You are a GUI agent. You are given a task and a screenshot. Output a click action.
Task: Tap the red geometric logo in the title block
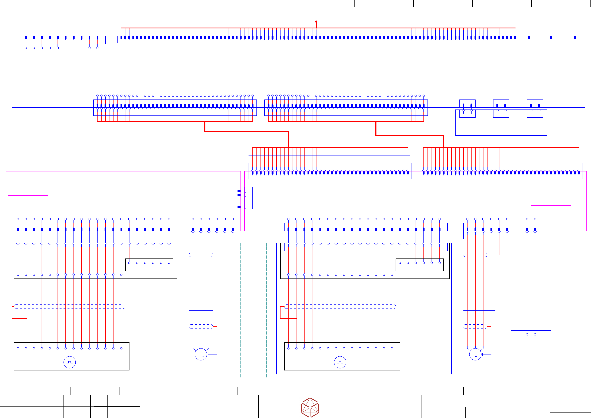point(310,407)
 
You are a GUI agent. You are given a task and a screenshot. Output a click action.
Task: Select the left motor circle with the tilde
point(201,354)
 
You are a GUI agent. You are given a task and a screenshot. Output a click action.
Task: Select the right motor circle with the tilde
point(475,354)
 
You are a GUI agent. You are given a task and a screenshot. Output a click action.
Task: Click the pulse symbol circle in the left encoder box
point(69,362)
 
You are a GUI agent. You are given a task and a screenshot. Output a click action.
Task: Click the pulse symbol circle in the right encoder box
point(340,362)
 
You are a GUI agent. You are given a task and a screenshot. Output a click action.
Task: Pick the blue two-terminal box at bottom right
point(531,346)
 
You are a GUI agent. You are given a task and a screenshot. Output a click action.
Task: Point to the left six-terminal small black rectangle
point(149,265)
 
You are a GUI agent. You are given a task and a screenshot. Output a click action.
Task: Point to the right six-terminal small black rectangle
point(420,265)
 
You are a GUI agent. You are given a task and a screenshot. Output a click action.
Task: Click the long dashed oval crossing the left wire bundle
point(69,307)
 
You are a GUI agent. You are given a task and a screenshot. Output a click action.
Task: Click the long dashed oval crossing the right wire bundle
point(340,307)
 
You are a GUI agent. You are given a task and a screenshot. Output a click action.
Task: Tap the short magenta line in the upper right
point(559,76)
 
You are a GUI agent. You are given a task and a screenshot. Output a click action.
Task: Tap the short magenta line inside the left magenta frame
point(28,195)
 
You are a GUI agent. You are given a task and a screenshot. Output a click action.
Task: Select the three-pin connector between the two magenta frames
point(242,198)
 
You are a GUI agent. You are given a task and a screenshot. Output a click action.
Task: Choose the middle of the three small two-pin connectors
point(501,108)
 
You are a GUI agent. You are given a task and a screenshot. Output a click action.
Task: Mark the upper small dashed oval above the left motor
point(201,255)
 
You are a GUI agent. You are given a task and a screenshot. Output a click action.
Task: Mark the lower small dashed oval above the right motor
point(475,326)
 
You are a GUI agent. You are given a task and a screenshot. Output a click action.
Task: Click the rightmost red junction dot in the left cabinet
point(26,319)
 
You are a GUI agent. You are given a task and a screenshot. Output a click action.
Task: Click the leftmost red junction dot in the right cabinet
point(288,319)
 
